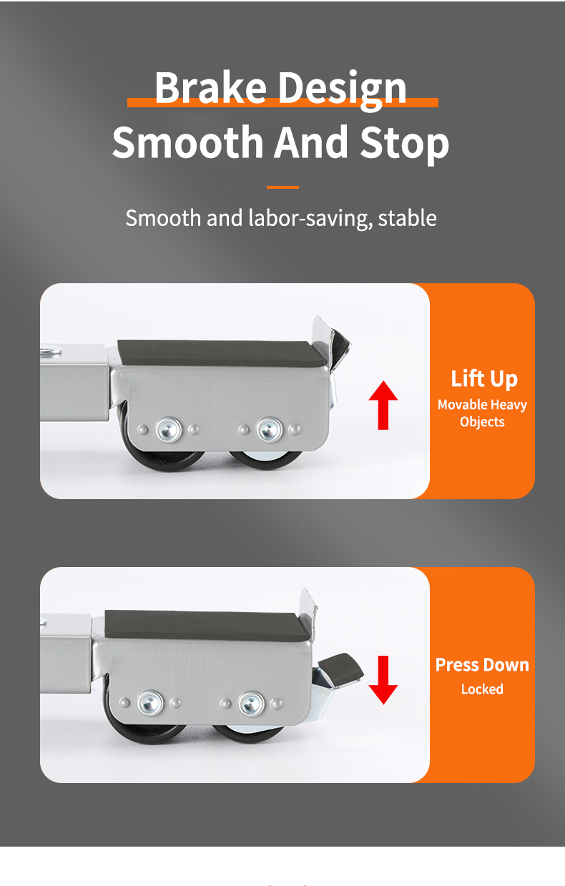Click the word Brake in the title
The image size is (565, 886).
211,87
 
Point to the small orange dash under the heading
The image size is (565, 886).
282,187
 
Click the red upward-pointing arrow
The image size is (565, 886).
383,405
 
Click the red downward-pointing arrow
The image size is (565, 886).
383,679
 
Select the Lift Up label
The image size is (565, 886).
483,378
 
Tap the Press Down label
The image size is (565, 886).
482,664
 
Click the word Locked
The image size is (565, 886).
482,689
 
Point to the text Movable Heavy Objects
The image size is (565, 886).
482,413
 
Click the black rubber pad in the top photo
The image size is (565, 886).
222,351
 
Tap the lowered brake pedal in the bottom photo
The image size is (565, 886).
341,670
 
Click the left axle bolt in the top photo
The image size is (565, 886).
169,430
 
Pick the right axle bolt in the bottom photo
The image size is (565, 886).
251,703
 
